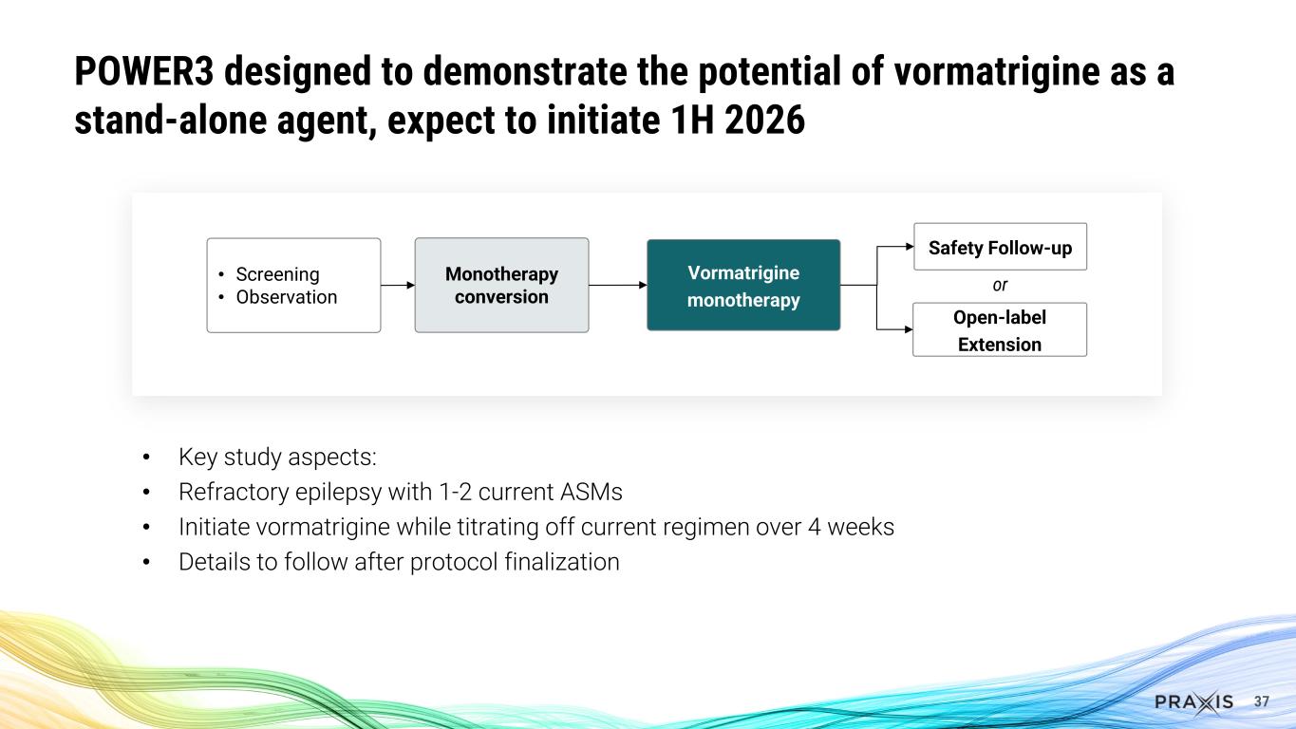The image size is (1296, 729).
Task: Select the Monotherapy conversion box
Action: click(501, 285)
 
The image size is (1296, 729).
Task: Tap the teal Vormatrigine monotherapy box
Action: click(743, 286)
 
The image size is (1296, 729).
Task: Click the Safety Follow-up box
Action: click(999, 248)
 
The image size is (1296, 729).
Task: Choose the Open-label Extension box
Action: click(999, 329)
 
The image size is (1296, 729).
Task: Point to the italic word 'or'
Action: click(999, 286)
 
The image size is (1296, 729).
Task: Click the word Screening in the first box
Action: click(277, 274)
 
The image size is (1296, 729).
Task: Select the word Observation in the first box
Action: click(286, 297)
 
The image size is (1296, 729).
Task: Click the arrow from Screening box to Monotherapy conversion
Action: click(397, 284)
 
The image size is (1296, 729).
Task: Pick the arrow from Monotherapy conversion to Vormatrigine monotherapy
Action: click(617, 284)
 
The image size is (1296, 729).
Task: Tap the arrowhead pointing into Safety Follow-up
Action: click(907, 247)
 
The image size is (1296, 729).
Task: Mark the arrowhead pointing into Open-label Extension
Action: click(907, 328)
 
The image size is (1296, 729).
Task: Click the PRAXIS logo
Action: click(1194, 701)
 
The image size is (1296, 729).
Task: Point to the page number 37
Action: click(1262, 701)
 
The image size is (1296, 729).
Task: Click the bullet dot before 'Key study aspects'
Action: click(146, 458)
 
